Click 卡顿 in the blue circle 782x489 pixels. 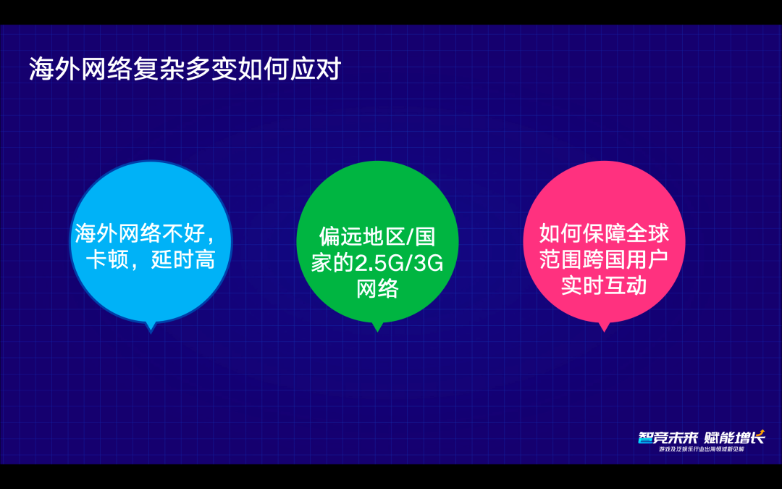click(106, 259)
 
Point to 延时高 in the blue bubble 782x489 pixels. click(183, 259)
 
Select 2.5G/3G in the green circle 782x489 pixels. click(398, 263)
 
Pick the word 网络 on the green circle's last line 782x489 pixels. click(377, 289)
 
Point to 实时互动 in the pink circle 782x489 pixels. click(603, 285)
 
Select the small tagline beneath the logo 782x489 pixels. click(700, 450)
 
